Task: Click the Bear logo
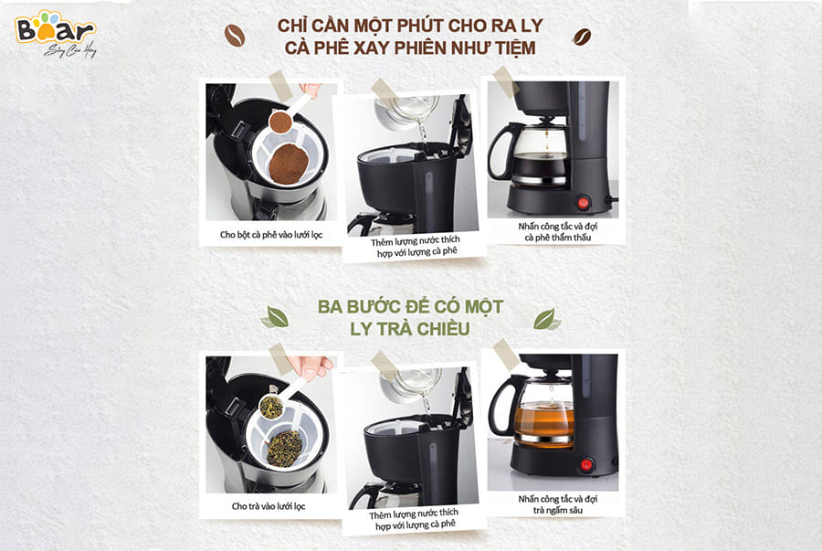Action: click(x=56, y=33)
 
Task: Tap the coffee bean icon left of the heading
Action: click(x=235, y=35)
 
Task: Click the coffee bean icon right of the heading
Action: click(x=582, y=37)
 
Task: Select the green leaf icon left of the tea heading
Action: click(x=275, y=317)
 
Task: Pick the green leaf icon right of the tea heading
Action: click(x=546, y=319)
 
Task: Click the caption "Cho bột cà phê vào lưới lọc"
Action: click(x=271, y=234)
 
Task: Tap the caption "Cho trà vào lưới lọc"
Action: click(x=269, y=506)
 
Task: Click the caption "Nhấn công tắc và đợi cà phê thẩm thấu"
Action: click(x=558, y=232)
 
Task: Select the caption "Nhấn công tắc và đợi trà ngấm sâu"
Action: click(x=558, y=504)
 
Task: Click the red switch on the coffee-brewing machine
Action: click(x=583, y=202)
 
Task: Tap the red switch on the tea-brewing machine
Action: click(x=586, y=464)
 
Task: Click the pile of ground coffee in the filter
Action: click(x=288, y=164)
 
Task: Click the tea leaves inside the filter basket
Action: click(x=284, y=449)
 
